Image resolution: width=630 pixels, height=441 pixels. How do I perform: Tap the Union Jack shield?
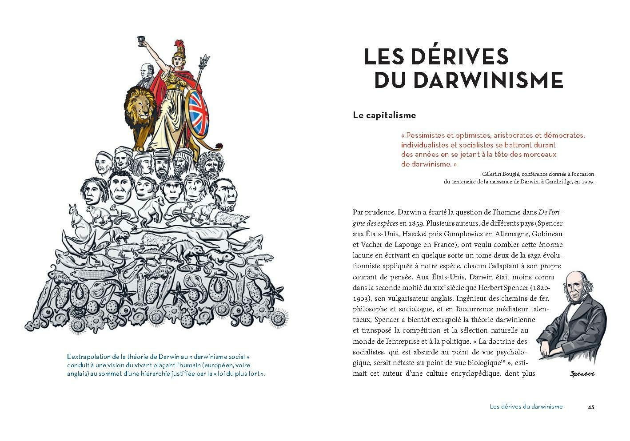coord(199,113)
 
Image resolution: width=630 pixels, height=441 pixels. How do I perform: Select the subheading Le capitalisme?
coord(384,115)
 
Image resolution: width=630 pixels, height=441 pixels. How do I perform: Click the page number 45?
coord(590,407)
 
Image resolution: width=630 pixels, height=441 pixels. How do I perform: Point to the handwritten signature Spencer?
coord(582,374)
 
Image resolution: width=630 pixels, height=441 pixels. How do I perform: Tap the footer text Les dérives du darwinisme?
coord(526,407)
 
